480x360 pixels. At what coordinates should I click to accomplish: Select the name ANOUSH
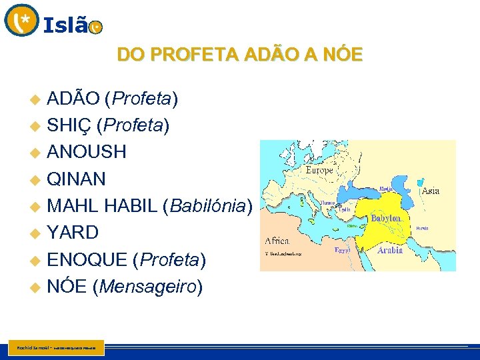click(87, 152)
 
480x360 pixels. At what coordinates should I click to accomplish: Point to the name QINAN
click(76, 179)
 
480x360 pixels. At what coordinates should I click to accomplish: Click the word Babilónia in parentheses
click(207, 206)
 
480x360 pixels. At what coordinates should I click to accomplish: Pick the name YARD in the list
click(73, 233)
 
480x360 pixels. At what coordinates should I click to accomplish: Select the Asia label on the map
click(430, 191)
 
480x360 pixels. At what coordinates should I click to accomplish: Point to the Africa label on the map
click(277, 240)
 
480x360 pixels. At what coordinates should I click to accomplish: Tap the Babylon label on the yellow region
click(386, 218)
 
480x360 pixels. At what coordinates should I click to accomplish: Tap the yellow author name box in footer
click(57, 348)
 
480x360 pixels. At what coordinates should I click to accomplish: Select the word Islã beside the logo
click(65, 25)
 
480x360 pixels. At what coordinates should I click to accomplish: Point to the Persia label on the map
click(421, 229)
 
